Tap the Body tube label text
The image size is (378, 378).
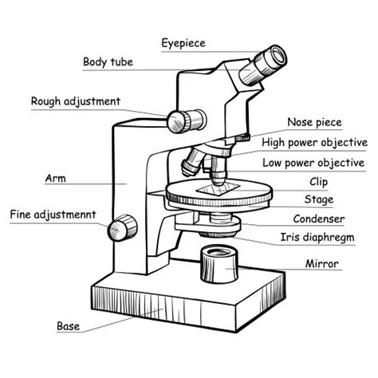coord(108,61)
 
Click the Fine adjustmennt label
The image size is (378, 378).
coord(53,215)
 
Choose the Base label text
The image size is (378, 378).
coord(68,325)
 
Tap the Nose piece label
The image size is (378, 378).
coord(314,122)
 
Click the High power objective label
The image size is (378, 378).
coord(314,143)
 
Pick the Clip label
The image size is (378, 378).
coord(319,182)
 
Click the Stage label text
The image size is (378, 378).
coord(319,199)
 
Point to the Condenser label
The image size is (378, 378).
coord(318,219)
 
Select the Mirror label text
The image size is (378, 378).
coord(321,263)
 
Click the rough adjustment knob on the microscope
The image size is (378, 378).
coord(179,120)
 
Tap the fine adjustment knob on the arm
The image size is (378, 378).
coord(123,226)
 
